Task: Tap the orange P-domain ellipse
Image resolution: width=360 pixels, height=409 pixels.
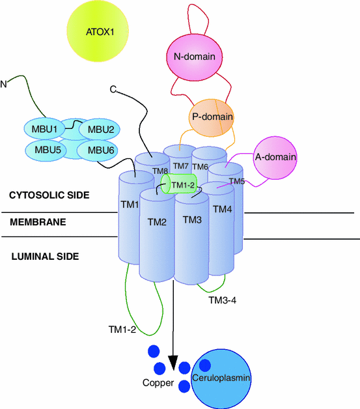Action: click(x=212, y=117)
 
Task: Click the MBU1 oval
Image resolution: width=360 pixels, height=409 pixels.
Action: click(x=49, y=129)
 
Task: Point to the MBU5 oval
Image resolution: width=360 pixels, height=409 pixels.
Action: click(x=49, y=150)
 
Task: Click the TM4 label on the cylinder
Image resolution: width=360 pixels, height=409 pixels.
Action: click(x=223, y=209)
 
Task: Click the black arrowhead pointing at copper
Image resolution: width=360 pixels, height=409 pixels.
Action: click(x=173, y=361)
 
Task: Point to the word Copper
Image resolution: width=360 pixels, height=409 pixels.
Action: click(x=158, y=383)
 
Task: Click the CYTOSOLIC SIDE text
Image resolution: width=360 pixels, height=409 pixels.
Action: click(x=49, y=195)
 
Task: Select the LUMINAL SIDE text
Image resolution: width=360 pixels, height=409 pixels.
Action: click(x=45, y=257)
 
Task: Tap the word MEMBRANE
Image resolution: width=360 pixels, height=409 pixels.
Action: click(x=38, y=222)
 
